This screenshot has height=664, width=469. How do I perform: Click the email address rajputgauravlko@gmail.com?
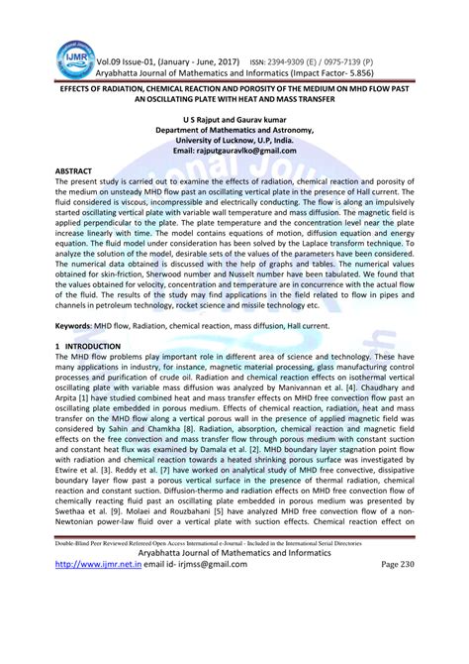point(234,150)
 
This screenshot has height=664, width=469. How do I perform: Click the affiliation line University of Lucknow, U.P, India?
point(234,140)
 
